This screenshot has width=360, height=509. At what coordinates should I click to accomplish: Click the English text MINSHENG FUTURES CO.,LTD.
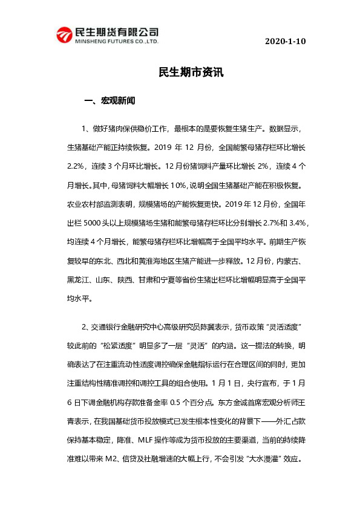pos(115,43)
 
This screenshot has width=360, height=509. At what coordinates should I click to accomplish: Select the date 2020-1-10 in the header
pos(285,41)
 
